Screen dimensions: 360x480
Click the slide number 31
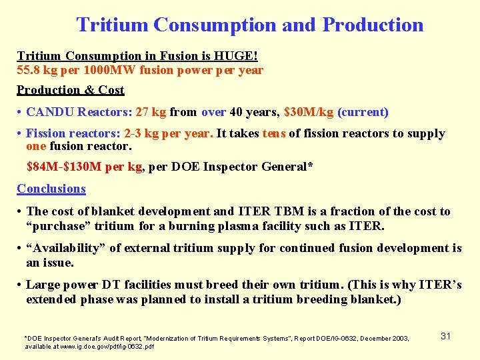[x=445, y=336]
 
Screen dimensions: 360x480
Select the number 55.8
[x=29, y=70]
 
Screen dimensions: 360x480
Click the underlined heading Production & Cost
[x=71, y=90]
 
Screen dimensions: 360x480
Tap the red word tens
[x=274, y=133]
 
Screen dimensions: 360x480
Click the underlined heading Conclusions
[x=51, y=189]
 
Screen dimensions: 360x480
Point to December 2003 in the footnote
[x=385, y=339]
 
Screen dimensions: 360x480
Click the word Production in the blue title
[x=373, y=25]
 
